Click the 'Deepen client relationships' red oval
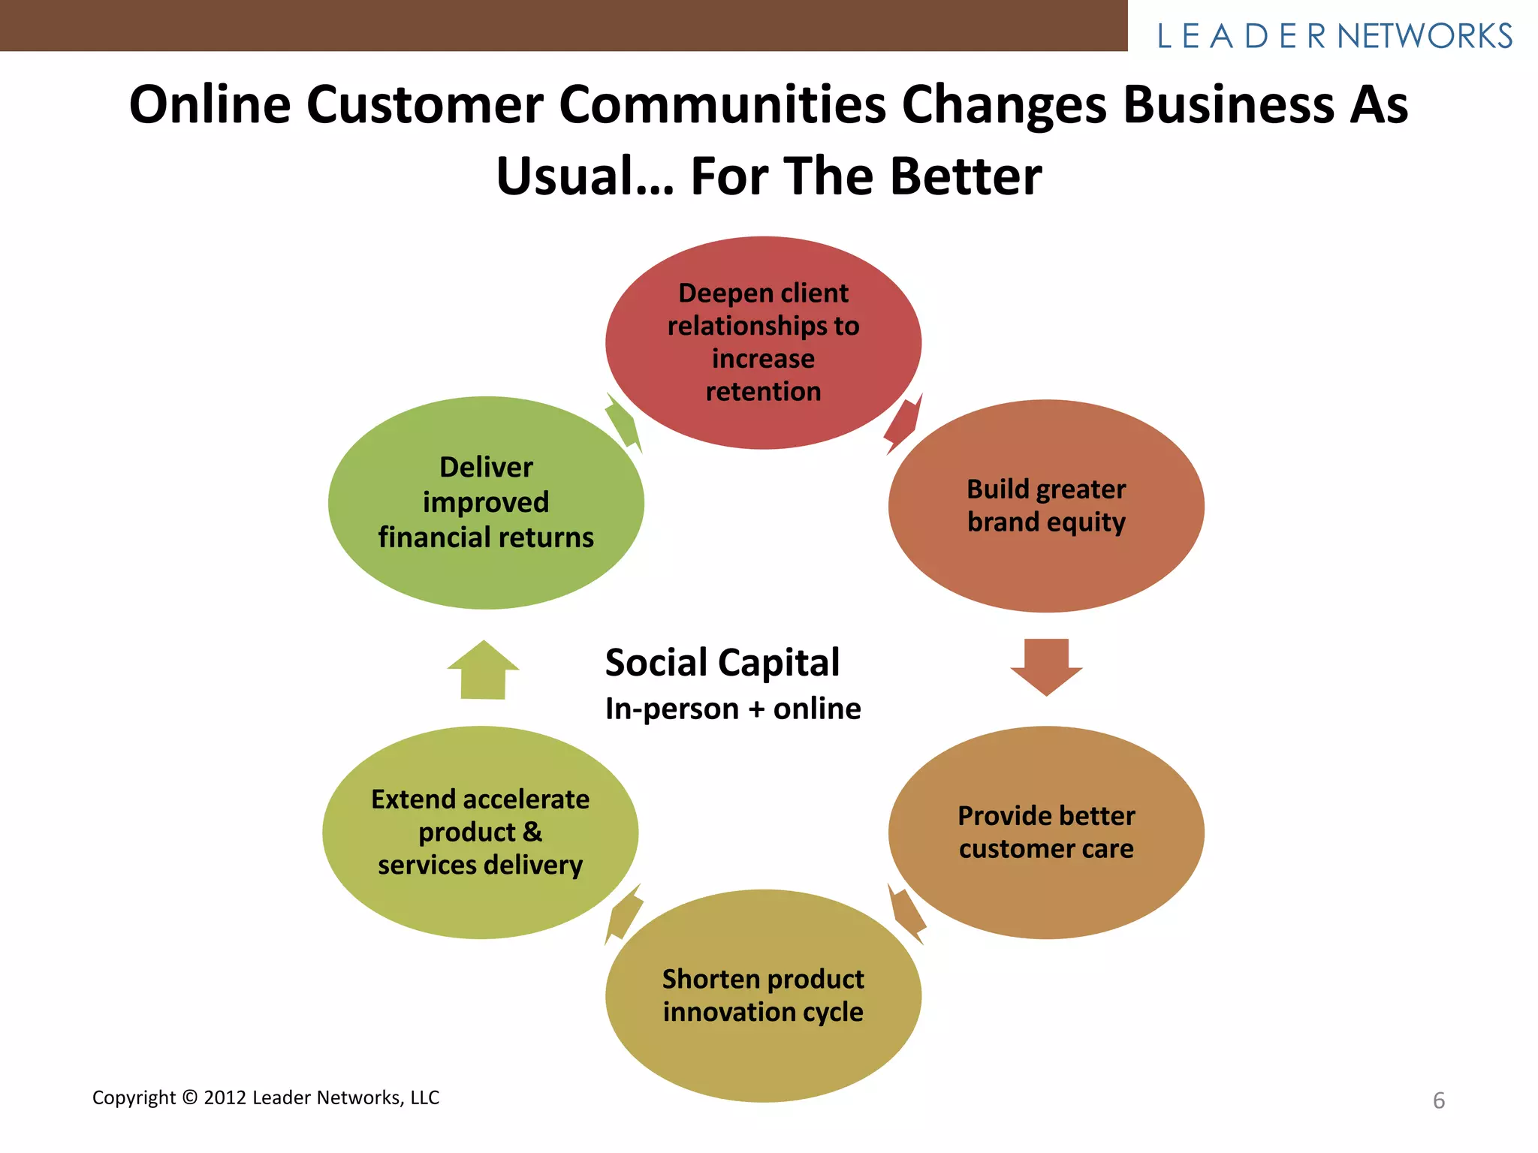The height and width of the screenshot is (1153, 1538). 763,342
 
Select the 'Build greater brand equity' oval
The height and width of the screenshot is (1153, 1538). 1046,505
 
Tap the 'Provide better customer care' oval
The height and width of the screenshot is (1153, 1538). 1046,832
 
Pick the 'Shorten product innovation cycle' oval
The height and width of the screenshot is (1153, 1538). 763,995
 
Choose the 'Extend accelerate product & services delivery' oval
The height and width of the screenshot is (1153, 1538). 481,832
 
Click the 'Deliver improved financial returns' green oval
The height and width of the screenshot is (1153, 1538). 486,502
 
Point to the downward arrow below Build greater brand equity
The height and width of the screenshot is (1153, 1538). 1046,665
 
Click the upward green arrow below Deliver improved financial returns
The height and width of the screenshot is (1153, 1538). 483,670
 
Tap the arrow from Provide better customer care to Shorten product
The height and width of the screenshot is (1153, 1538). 906,913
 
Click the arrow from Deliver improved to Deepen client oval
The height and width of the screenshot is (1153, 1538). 624,423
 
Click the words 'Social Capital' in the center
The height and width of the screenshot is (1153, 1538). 722,663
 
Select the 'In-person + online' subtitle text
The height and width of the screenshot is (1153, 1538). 733,709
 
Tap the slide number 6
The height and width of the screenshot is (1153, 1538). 1438,1100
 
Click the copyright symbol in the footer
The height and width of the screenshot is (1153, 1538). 190,1097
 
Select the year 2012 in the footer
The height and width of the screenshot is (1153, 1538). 225,1097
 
